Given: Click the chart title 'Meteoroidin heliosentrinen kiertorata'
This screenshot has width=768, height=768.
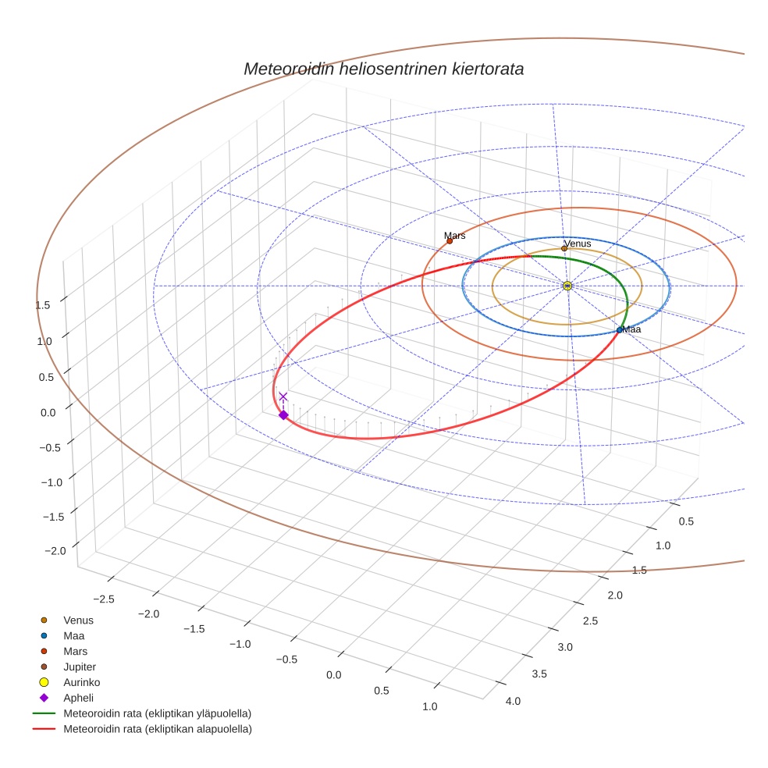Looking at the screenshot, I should [383, 69].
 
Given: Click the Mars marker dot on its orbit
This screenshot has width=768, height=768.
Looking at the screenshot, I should [450, 240].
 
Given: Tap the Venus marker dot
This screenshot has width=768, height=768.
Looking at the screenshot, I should [564, 249].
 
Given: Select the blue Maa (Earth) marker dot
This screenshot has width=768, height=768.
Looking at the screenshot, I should [620, 330].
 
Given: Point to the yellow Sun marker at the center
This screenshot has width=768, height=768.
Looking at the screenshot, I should [567, 286].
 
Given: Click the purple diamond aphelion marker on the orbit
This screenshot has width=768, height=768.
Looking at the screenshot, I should [283, 415].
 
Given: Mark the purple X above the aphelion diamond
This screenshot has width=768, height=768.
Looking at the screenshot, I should [283, 396].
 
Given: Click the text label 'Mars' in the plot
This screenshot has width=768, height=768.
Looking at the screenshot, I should [455, 235].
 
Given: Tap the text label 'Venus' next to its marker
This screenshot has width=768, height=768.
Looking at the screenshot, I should [578, 244].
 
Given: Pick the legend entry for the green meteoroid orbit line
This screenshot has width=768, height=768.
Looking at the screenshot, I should [157, 713].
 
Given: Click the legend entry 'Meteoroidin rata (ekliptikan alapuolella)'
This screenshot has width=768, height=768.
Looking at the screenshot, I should [157, 729].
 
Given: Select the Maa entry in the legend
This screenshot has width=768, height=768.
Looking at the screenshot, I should [75, 635].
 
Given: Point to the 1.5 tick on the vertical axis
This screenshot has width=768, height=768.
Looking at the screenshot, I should [44, 305].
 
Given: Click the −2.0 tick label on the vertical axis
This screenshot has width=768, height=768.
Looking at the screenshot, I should [55, 551].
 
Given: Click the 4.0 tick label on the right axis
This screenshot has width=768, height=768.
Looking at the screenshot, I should [513, 701].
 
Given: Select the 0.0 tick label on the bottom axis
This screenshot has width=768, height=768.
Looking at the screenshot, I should [335, 674].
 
